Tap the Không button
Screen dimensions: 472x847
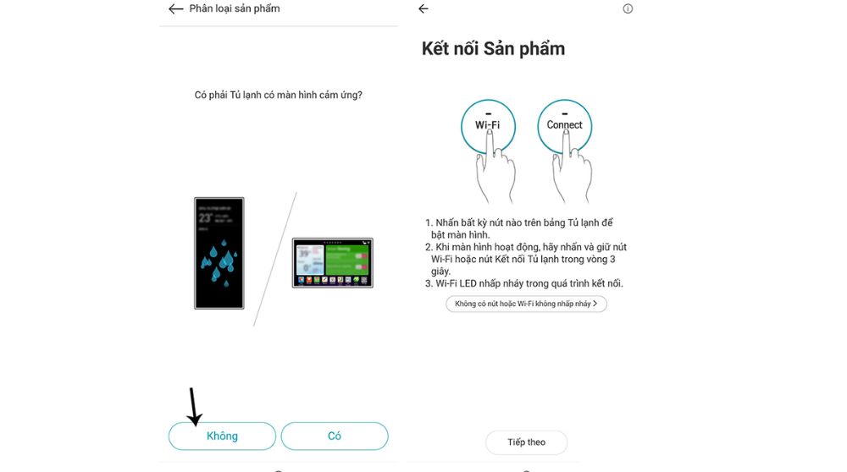tap(222, 436)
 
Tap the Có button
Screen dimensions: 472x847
tap(334, 436)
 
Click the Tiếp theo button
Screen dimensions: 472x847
tap(526, 442)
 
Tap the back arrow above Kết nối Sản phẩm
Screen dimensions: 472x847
tap(423, 9)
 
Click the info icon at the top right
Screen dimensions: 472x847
tap(628, 9)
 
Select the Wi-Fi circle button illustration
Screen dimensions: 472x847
tap(488, 125)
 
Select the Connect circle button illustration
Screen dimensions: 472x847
tap(564, 125)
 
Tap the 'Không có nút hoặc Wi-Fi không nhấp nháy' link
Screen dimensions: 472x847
tap(526, 304)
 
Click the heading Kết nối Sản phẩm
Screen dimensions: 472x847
tap(493, 48)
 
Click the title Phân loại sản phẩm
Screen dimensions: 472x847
tap(234, 9)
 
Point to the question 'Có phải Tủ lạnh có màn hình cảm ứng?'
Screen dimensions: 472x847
tap(279, 95)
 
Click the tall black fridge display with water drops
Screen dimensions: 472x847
tap(219, 253)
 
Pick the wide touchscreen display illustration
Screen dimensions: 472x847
tap(333, 263)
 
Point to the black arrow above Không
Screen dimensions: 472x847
tap(194, 407)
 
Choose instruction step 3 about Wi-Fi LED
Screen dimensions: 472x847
tap(525, 283)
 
